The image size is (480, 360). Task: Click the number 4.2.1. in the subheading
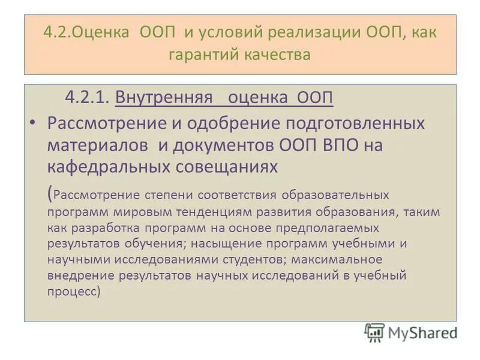point(87,97)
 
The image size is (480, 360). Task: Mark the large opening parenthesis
point(49,193)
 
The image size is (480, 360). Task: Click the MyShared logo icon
point(374,332)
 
